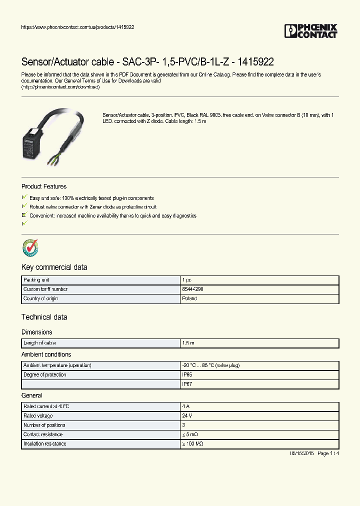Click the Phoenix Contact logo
point(311,31)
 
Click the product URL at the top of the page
point(77,27)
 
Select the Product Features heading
point(44,186)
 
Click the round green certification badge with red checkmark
point(30,247)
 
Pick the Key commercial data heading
point(54,267)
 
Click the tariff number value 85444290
point(193,289)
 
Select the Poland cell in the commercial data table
point(189,298)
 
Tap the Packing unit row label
point(36,280)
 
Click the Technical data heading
point(44,317)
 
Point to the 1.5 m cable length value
point(188,343)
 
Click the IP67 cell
point(187,384)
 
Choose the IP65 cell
point(187,374)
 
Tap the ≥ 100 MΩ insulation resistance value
point(193,444)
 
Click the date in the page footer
point(301,453)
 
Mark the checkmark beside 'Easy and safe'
point(24,198)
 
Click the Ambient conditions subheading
point(46,354)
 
